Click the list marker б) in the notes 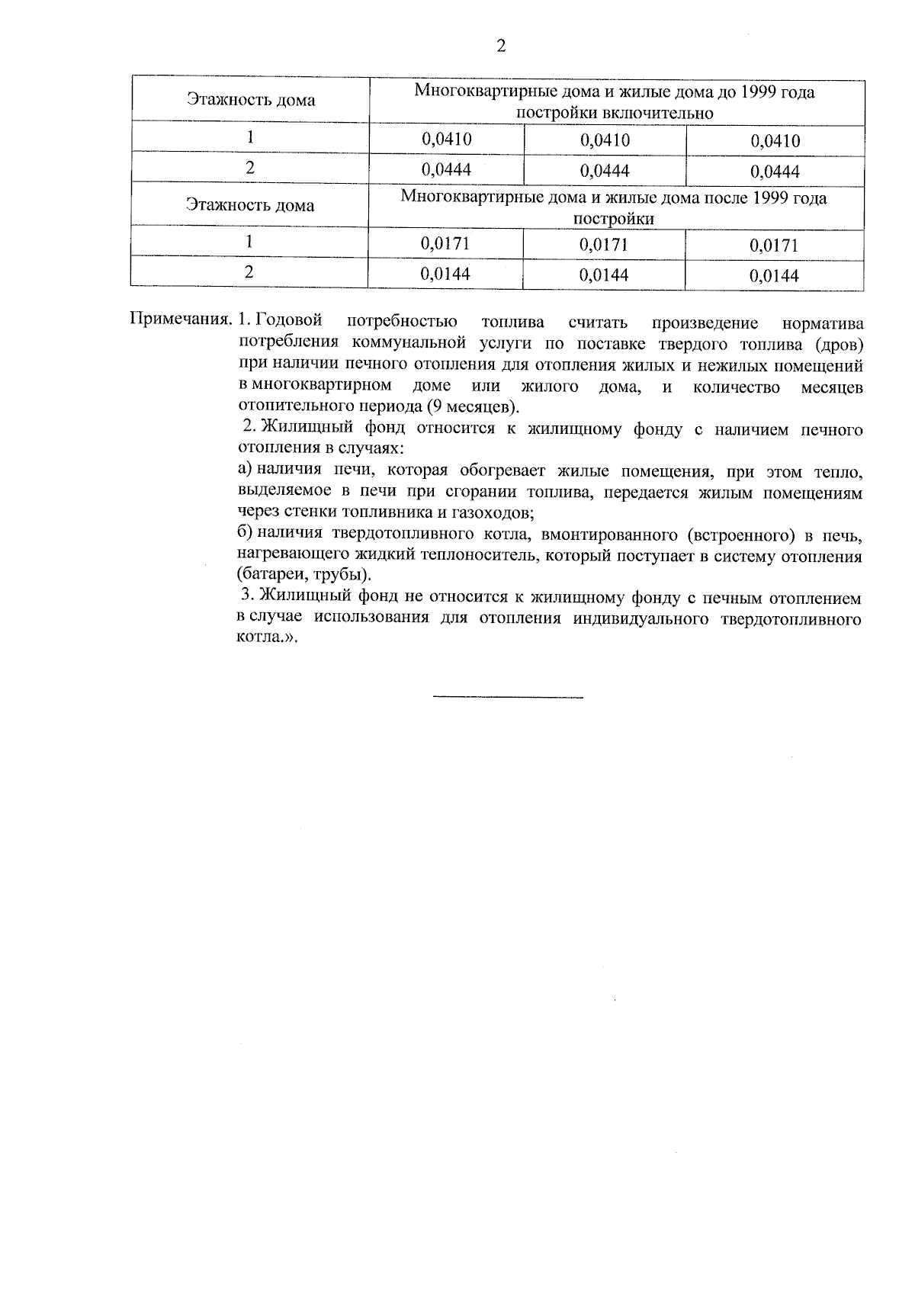(245, 533)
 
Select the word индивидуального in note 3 (637, 618)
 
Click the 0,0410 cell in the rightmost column (775, 141)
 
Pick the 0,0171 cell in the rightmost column (774, 246)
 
